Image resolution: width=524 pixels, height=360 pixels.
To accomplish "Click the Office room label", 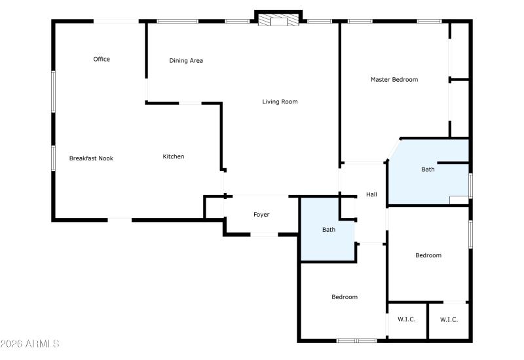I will click(102, 60).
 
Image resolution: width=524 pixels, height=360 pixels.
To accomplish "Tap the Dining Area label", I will click(186, 61).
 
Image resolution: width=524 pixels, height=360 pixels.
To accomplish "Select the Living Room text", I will click(280, 101).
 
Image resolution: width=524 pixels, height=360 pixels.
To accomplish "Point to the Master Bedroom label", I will click(394, 80).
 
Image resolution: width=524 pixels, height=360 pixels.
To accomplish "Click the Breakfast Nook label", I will click(91, 158).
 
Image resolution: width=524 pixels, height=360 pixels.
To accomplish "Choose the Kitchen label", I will click(174, 156).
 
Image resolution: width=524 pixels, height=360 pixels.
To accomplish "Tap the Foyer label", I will click(261, 215).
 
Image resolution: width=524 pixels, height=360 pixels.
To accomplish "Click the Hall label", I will click(371, 194).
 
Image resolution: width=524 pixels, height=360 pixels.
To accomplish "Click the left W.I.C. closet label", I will click(407, 319).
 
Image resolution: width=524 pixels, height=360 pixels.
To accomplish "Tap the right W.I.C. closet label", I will click(449, 319).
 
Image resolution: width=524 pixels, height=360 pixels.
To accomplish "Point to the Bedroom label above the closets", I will click(428, 255).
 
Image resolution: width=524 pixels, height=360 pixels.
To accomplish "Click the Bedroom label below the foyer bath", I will click(345, 297).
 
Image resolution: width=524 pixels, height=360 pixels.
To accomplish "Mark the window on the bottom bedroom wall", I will click(356, 340).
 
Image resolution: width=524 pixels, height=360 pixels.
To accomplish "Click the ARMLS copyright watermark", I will click(30, 344).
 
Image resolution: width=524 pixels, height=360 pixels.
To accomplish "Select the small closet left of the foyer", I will click(214, 207).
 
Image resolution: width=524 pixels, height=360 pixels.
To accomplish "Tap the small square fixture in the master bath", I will click(458, 200).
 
